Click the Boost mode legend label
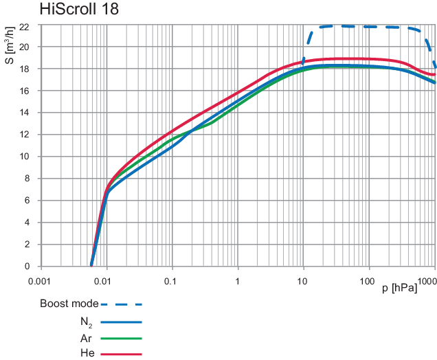[69, 303]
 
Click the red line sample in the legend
[121, 354]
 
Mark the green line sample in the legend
[121, 337]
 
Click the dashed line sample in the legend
[121, 303]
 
